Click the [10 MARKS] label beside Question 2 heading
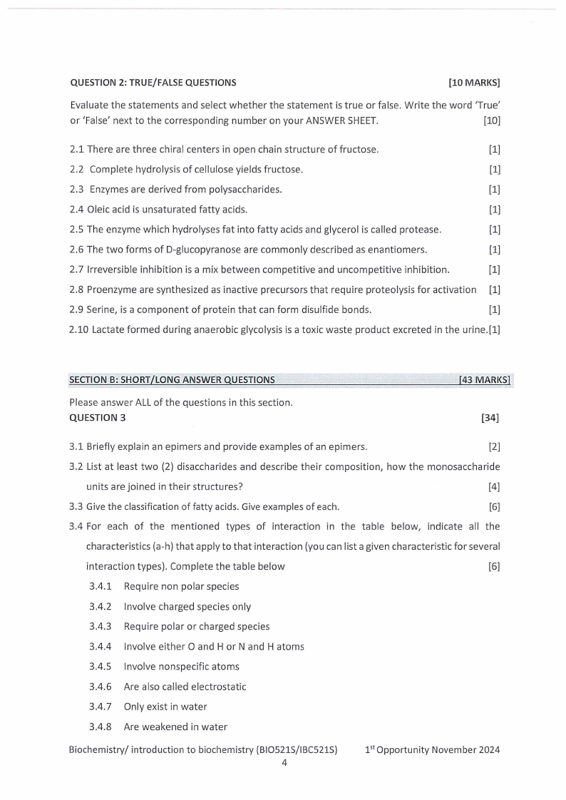pos(474,82)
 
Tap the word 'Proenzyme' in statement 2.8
pos(111,289)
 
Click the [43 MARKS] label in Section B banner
pos(485,379)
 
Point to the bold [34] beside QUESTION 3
pos(490,418)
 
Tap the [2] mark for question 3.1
pos(494,448)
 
